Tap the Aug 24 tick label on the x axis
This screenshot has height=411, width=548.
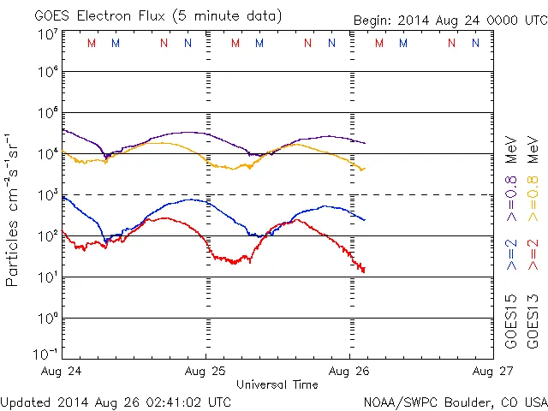[62, 372]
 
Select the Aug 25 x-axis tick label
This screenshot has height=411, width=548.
[206, 372]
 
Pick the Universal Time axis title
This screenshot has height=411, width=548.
[277, 385]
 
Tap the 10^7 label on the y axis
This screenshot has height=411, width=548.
[47, 34]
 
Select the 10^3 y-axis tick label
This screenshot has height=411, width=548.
[47, 195]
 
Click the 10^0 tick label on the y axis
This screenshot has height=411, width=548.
[47, 319]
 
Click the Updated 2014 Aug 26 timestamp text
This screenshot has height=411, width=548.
[116, 402]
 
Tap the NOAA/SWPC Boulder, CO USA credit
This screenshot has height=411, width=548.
[455, 402]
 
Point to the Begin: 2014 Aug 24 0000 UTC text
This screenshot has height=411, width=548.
[450, 20]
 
